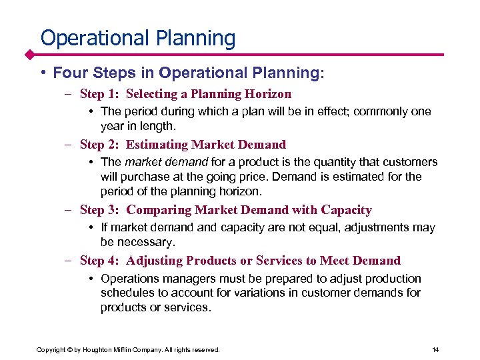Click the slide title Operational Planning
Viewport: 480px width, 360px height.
pos(138,38)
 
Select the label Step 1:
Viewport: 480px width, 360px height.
pos(99,94)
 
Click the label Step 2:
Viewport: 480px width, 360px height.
pos(99,144)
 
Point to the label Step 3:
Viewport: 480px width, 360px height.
pos(99,210)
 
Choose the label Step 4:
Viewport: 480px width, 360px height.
pos(99,261)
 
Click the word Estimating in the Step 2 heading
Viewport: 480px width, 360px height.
pos(157,144)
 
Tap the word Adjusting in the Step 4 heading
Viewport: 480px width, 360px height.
pos(155,261)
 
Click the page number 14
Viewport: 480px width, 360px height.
pos(435,349)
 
